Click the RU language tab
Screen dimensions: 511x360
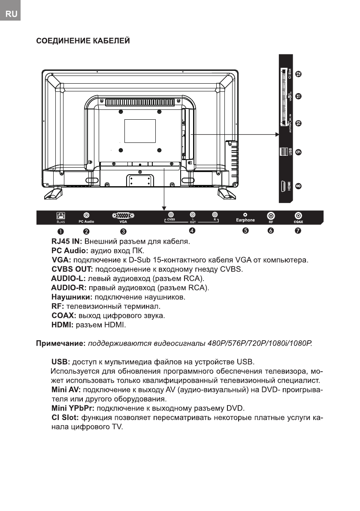(11, 14)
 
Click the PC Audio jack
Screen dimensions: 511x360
(86, 215)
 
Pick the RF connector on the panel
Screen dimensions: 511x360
(271, 215)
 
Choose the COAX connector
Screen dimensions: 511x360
(298, 215)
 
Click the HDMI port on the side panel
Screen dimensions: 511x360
(284, 187)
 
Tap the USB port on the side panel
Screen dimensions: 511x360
(284, 152)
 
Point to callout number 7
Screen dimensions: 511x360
(298, 231)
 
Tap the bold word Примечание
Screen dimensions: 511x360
(61, 344)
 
